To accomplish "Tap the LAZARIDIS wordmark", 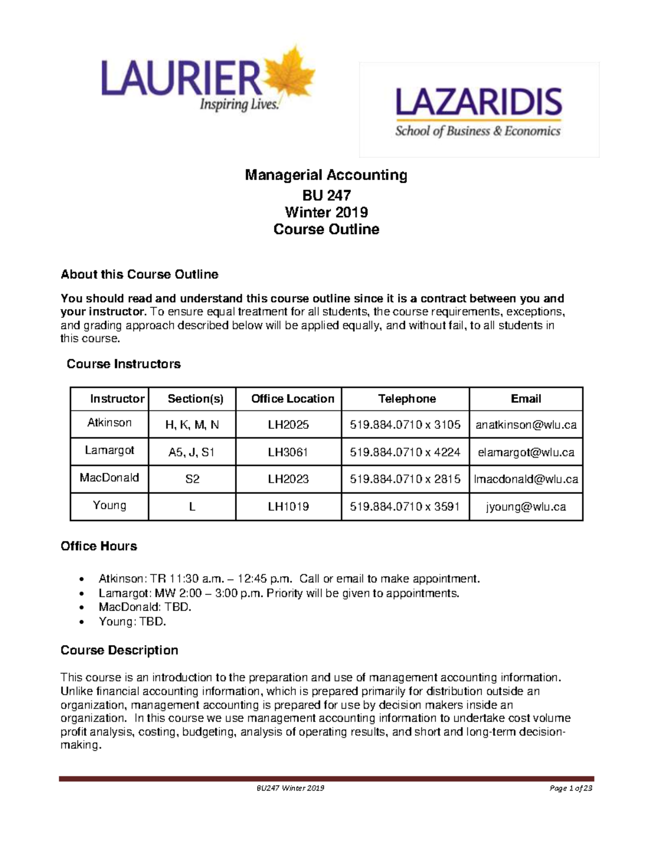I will click(x=478, y=103).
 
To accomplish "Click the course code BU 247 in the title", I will click(x=326, y=195).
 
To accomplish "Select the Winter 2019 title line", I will click(x=326, y=212).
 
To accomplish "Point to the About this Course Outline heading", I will click(x=139, y=274).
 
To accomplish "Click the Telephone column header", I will click(x=406, y=399).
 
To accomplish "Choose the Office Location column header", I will click(x=292, y=399).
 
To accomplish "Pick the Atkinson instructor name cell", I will click(x=110, y=423).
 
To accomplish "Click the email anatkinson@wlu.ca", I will click(x=526, y=425).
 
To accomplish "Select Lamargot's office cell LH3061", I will click(x=288, y=452).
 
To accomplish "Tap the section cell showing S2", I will click(x=193, y=479).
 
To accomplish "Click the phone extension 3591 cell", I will click(x=405, y=506).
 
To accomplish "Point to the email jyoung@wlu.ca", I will click(x=526, y=506).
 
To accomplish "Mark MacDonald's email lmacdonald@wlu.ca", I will click(x=526, y=479).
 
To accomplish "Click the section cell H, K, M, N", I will click(x=192, y=425).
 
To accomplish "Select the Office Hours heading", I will click(x=99, y=546).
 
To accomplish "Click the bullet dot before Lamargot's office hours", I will click(x=81, y=594).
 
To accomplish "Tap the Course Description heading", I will click(x=119, y=650).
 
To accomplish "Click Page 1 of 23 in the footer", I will click(x=571, y=788).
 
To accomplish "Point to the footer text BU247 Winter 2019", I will click(x=290, y=788).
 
